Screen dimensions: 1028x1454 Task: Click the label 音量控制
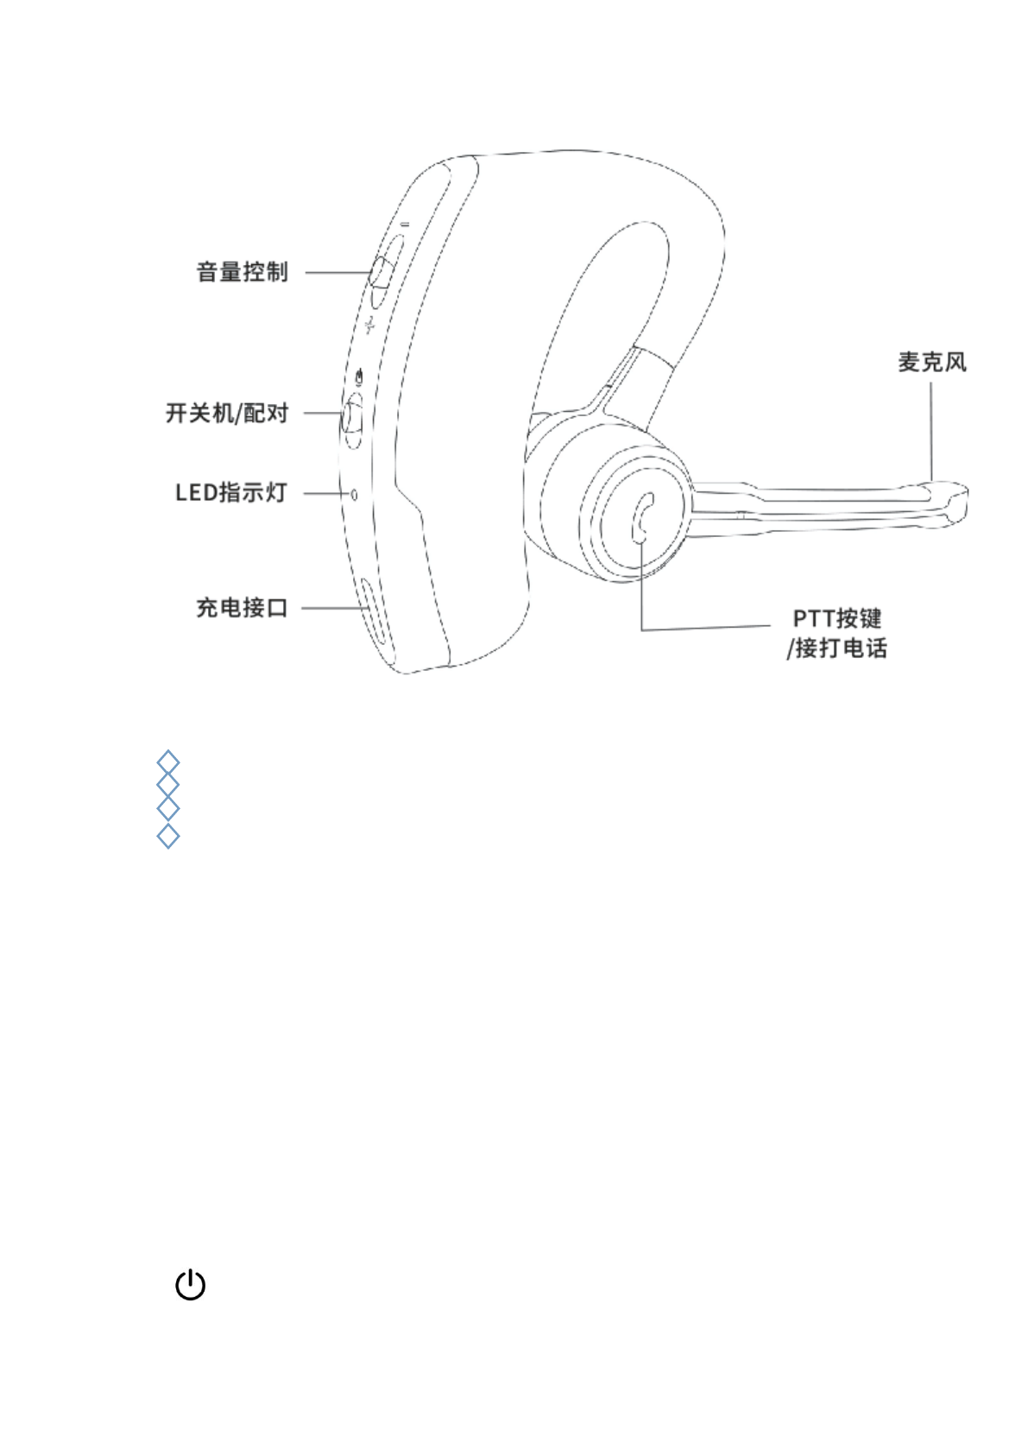(x=242, y=272)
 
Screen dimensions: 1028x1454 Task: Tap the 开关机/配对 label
(x=227, y=413)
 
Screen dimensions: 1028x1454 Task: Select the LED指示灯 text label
(x=230, y=493)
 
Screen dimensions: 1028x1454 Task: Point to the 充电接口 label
(x=242, y=608)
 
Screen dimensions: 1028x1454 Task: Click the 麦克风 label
(x=932, y=362)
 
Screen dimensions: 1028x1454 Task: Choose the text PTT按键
(x=836, y=618)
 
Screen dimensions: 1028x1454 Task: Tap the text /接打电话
(x=836, y=648)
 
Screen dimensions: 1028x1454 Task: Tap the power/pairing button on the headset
(x=353, y=419)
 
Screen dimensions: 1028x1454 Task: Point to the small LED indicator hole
(x=354, y=495)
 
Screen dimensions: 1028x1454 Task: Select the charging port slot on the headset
(x=372, y=611)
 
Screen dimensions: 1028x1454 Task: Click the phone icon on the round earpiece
(x=643, y=517)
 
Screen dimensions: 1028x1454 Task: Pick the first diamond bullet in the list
(x=168, y=762)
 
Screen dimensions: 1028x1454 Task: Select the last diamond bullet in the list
(x=168, y=836)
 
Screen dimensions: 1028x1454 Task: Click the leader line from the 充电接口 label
(x=332, y=608)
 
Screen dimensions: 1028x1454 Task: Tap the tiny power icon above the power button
(x=361, y=376)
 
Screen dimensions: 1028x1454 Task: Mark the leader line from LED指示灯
(x=326, y=494)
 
